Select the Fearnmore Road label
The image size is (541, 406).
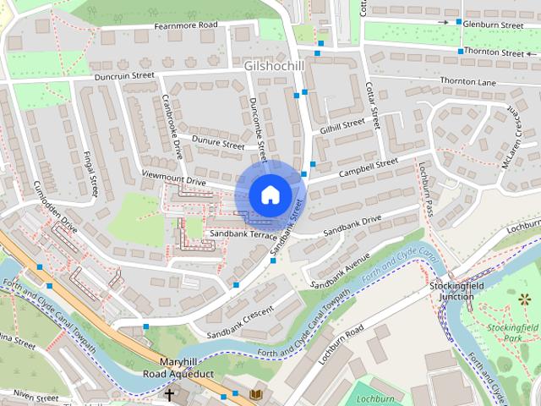click(x=185, y=26)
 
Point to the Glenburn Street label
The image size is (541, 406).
click(x=493, y=25)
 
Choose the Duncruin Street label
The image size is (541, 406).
click(x=124, y=75)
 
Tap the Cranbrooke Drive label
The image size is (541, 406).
click(x=172, y=126)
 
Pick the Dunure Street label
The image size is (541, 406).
click(x=217, y=144)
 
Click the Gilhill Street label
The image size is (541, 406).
click(x=342, y=125)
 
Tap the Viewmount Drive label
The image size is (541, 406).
click(x=173, y=181)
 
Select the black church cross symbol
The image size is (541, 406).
click(x=169, y=395)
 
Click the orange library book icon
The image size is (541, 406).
click(x=256, y=394)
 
